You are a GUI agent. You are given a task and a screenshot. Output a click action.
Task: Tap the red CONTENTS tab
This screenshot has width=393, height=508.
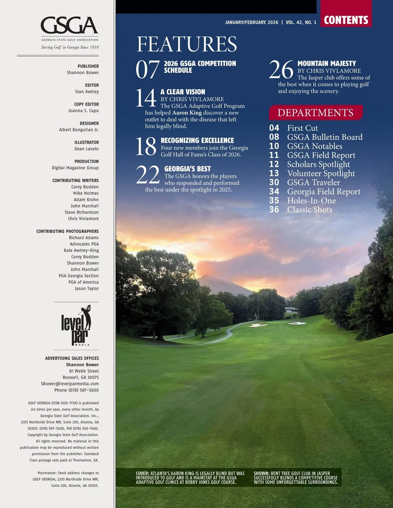[x=346, y=20]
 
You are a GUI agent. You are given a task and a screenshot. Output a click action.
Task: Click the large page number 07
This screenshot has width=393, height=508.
[x=147, y=69]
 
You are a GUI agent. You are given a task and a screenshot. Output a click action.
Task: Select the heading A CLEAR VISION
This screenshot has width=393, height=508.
[x=183, y=92]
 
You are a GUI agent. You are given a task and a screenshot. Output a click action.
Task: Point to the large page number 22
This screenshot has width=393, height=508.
[x=148, y=175]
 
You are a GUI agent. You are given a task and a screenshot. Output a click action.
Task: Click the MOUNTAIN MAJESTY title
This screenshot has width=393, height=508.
[x=327, y=64]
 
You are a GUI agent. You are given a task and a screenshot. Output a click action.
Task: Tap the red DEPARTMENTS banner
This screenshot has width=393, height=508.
[x=315, y=113]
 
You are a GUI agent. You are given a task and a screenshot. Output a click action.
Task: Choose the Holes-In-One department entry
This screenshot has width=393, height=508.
[x=311, y=200]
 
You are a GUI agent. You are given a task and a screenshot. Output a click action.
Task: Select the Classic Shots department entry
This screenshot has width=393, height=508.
[x=309, y=210]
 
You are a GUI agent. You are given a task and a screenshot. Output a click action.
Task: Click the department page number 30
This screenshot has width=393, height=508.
[x=274, y=182]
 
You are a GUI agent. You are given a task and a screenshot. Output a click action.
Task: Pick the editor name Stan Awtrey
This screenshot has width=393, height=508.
[x=87, y=92]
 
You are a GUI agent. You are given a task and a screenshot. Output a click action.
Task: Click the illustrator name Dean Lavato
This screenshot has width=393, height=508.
[x=86, y=149]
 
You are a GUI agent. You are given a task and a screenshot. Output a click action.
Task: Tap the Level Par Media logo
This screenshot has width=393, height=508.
[x=76, y=326]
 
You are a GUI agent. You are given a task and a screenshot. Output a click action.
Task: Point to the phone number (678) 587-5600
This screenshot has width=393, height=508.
[x=83, y=390]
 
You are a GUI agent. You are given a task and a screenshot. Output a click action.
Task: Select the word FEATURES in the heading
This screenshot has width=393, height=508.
[x=187, y=44]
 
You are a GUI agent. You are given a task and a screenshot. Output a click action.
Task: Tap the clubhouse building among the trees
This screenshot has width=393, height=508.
[x=290, y=309]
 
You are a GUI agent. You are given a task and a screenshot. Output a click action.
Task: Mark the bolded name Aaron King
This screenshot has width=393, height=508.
[x=187, y=113]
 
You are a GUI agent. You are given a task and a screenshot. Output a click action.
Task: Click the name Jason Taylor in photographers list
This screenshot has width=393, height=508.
[x=86, y=289]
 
